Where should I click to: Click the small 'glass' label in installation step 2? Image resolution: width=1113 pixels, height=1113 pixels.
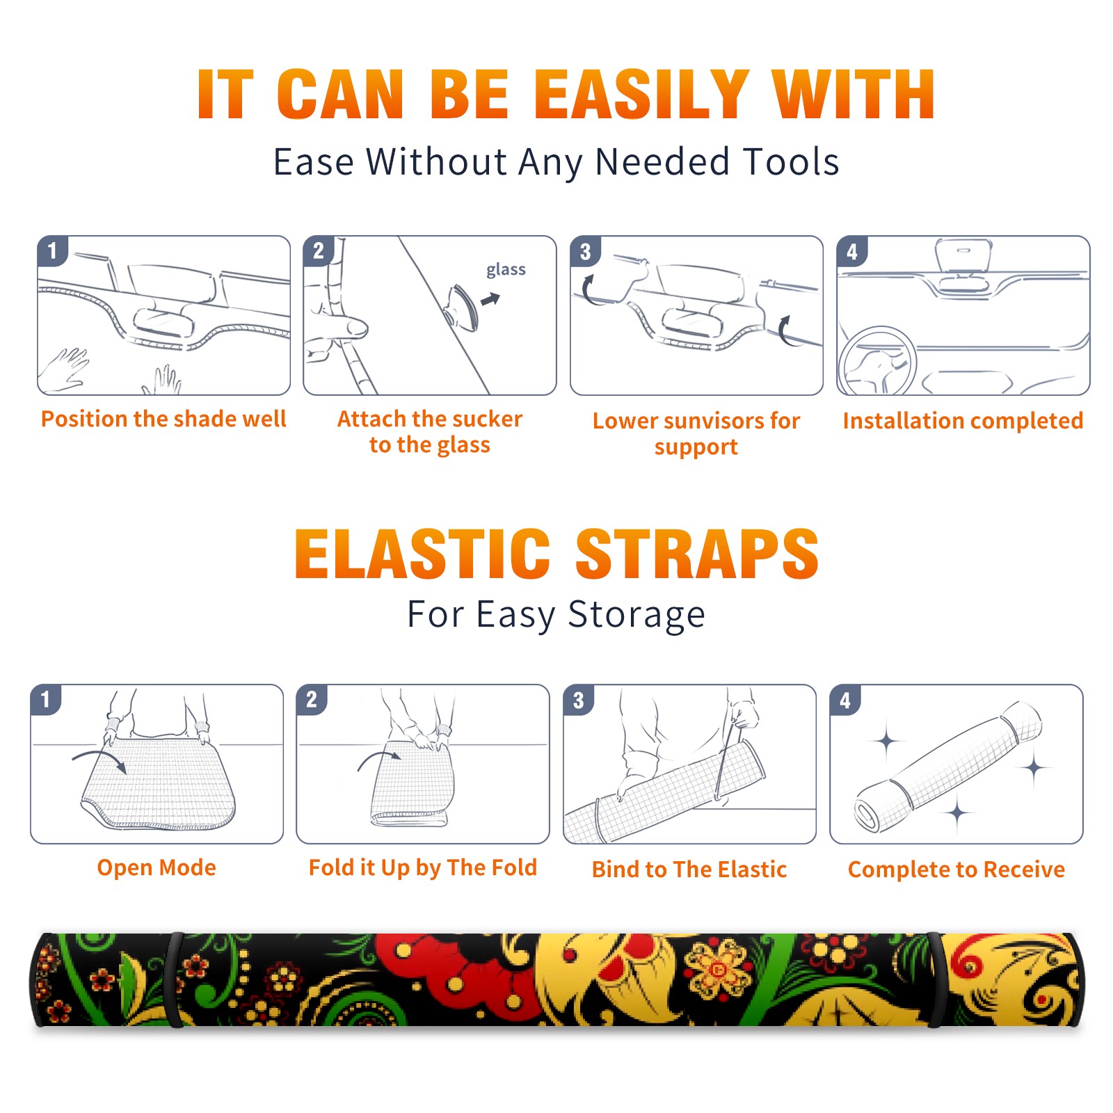pyautogui.click(x=506, y=270)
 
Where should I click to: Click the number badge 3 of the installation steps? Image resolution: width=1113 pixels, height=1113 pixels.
pyautogui.click(x=586, y=252)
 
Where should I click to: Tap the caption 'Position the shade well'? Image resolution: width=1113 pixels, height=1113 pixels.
pyautogui.click(x=163, y=419)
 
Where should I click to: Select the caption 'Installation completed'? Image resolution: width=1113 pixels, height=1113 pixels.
pyautogui.click(x=963, y=421)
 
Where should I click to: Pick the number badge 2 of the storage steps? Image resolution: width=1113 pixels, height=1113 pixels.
pyautogui.click(x=312, y=700)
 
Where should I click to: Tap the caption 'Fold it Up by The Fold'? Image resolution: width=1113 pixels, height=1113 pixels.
pyautogui.click(x=423, y=868)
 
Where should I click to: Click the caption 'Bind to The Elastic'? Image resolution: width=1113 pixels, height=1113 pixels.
pyautogui.click(x=689, y=870)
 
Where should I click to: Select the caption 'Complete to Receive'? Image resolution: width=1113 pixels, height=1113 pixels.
pyautogui.click(x=956, y=870)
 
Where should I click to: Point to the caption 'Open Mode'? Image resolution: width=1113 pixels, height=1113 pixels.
pyautogui.click(x=157, y=868)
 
